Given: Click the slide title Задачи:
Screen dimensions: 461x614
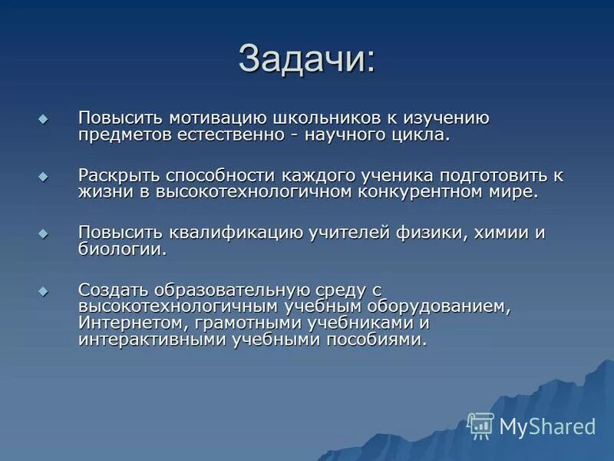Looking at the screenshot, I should [307, 59].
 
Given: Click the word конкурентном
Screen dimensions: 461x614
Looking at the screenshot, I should [411, 192].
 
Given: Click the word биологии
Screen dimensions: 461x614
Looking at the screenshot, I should [121, 250].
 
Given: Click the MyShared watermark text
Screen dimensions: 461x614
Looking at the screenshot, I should [547, 426].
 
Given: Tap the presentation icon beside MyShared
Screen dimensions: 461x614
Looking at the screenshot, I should [481, 426].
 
